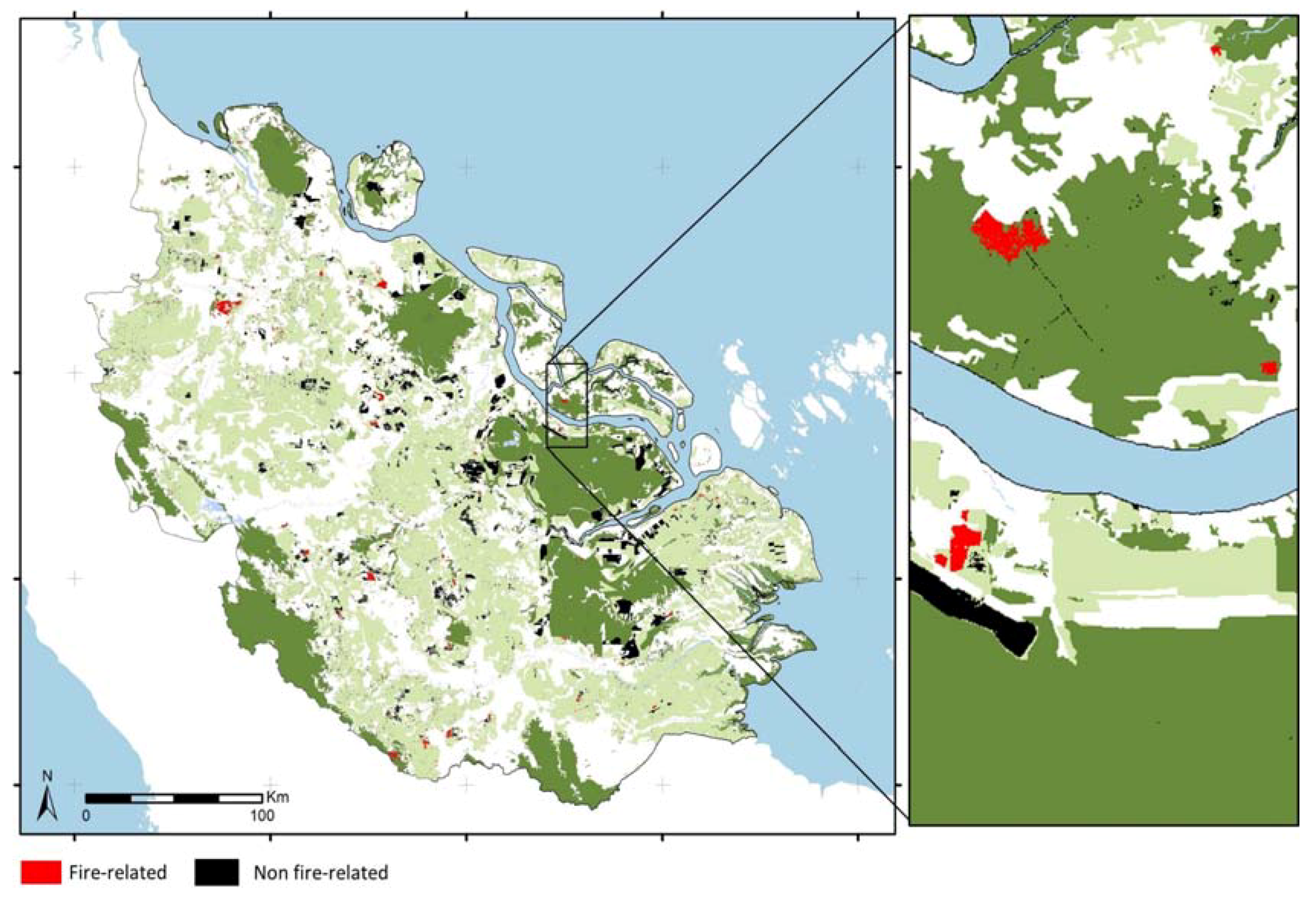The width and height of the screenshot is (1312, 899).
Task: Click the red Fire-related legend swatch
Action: tap(41, 872)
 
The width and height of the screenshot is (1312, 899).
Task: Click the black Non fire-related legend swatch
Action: tap(216, 872)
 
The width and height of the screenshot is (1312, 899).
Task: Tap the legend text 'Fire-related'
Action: tap(117, 872)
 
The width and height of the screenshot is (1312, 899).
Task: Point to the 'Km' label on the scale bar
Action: tap(277, 797)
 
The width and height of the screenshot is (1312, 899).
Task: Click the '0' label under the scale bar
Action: tap(86, 816)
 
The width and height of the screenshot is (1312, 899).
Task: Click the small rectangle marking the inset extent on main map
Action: tap(567, 406)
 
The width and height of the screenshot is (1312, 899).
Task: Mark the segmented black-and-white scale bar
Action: tap(174, 798)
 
